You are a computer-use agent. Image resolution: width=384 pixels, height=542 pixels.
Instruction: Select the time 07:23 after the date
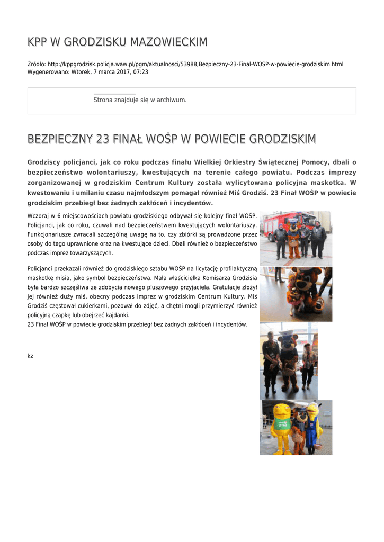coord(141,71)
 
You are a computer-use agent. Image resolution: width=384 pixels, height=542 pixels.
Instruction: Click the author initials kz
coord(30,356)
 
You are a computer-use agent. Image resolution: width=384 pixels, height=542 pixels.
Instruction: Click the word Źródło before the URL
coord(36,64)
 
